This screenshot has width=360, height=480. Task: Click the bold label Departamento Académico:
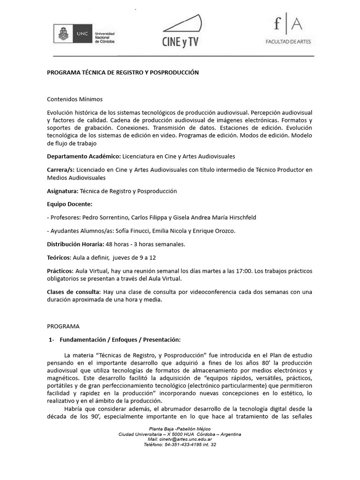[x=84, y=156]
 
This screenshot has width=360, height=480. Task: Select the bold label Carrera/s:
[x=60, y=169]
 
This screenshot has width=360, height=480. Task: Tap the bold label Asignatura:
[x=63, y=191]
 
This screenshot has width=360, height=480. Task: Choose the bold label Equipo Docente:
[x=70, y=204]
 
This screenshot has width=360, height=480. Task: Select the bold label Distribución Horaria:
[x=75, y=244]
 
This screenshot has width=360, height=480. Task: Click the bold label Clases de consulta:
[x=74, y=292]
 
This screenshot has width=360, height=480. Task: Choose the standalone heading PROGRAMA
[x=63, y=326]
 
